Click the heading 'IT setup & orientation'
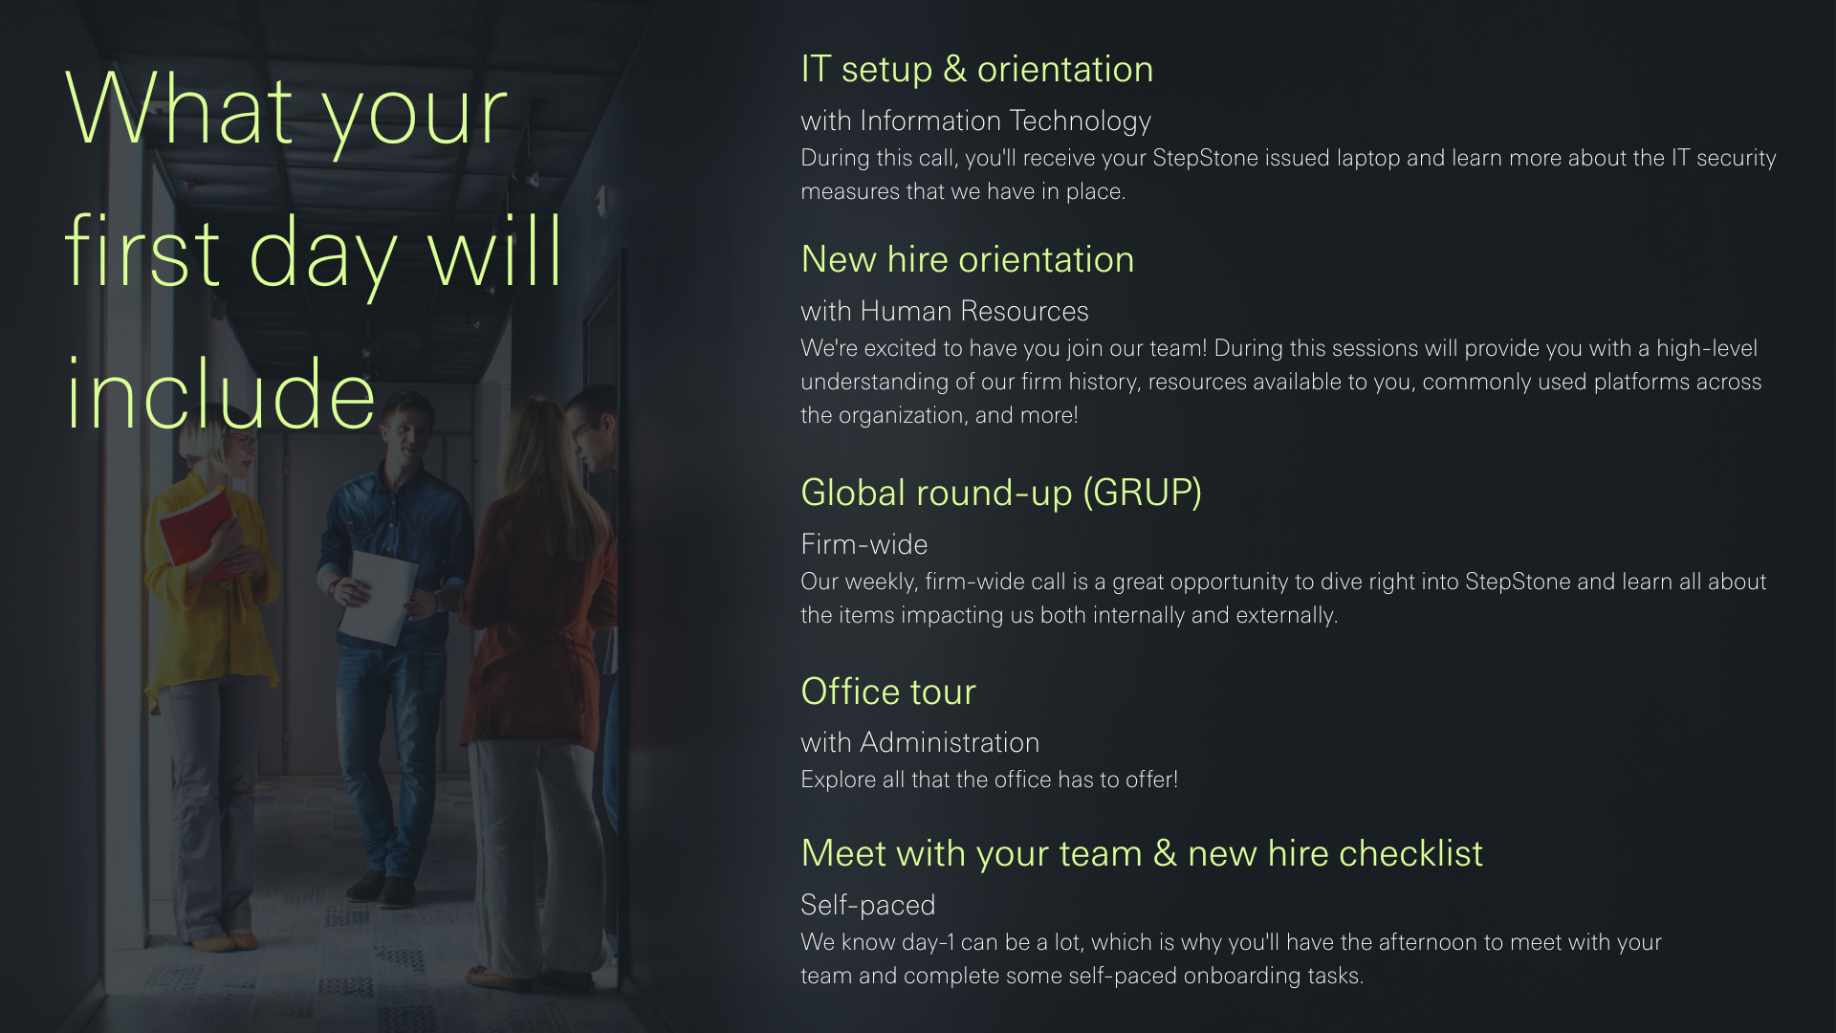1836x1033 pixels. [x=976, y=70]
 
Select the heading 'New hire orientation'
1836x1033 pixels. [x=968, y=259]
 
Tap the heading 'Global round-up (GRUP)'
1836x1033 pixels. [x=1001, y=493]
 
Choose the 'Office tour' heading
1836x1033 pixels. [x=888, y=692]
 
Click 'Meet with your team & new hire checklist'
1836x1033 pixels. [x=1142, y=853]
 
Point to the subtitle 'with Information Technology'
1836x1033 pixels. [x=975, y=121]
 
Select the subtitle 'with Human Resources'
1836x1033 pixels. [x=945, y=311]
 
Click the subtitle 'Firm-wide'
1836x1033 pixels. [x=864, y=544]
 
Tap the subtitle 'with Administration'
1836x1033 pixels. [x=920, y=742]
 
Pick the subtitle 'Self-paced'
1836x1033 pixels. [x=868, y=905]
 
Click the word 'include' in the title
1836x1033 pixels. [x=221, y=393]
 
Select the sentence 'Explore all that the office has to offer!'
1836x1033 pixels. [x=990, y=780]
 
